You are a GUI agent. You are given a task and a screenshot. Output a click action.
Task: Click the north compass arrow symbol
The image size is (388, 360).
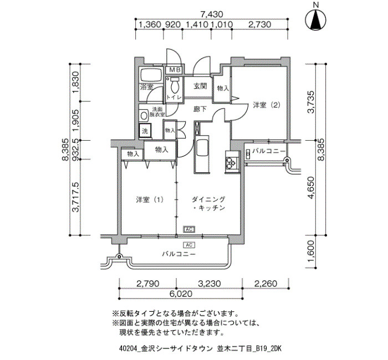315,20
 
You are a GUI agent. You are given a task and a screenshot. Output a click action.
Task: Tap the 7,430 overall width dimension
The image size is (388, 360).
212,14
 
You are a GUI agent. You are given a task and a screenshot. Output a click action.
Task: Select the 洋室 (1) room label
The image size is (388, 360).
150,199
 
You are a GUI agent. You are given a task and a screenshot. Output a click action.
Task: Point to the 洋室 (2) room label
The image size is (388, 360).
267,105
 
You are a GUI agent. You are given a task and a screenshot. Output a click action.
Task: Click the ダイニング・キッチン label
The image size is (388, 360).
209,203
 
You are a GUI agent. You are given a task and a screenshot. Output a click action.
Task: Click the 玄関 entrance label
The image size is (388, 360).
200,86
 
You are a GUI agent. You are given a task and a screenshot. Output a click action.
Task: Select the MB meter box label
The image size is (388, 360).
176,70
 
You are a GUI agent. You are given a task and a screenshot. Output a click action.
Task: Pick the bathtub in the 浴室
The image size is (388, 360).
151,75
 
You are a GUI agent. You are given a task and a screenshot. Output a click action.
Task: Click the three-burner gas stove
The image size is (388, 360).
232,162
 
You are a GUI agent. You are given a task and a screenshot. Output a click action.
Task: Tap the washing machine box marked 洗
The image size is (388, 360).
145,131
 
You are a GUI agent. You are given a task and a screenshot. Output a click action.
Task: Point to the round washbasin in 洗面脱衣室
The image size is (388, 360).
144,115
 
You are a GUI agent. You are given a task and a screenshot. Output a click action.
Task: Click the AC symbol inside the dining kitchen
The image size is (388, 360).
189,229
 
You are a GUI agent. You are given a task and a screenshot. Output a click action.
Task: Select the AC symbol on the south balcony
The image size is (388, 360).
189,245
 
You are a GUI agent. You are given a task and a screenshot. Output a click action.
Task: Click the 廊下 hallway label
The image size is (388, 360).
200,109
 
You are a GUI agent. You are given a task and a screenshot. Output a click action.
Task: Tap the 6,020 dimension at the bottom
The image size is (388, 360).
181,294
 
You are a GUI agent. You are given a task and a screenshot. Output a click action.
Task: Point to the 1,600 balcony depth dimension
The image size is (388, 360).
311,251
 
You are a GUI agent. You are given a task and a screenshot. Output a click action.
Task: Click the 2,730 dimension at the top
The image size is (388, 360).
259,24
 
